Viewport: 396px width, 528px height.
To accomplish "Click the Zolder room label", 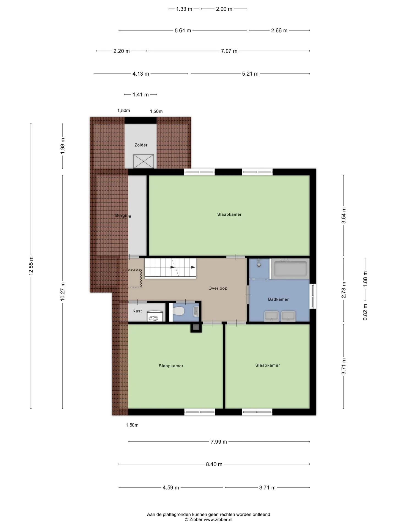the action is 141,145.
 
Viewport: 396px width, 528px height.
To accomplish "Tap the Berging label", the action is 123,216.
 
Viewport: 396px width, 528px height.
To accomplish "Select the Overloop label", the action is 218,288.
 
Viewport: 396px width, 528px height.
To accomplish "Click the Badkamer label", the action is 278,299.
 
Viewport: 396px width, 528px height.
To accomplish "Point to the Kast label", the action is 137,311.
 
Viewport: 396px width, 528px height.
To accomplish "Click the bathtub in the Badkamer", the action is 290,269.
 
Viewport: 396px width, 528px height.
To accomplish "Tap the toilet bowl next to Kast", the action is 178,311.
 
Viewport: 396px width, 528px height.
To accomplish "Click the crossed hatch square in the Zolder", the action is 144,161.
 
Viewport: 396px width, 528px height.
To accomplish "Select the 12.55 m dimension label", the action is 31,265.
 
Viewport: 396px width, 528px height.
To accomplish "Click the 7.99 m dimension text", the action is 219,442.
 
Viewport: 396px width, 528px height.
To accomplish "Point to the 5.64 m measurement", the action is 183,31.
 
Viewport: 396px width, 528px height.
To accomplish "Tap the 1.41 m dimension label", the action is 141,95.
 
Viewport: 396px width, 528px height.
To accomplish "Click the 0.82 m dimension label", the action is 365,312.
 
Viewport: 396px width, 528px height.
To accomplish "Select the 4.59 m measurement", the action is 171,488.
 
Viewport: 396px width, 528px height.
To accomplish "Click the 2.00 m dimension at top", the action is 224,9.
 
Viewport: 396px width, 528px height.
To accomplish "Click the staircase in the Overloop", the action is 170,268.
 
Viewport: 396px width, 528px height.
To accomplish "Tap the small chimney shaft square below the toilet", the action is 196,327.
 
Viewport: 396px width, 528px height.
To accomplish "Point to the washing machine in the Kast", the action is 155,316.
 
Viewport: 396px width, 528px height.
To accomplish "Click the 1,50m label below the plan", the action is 132,425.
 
